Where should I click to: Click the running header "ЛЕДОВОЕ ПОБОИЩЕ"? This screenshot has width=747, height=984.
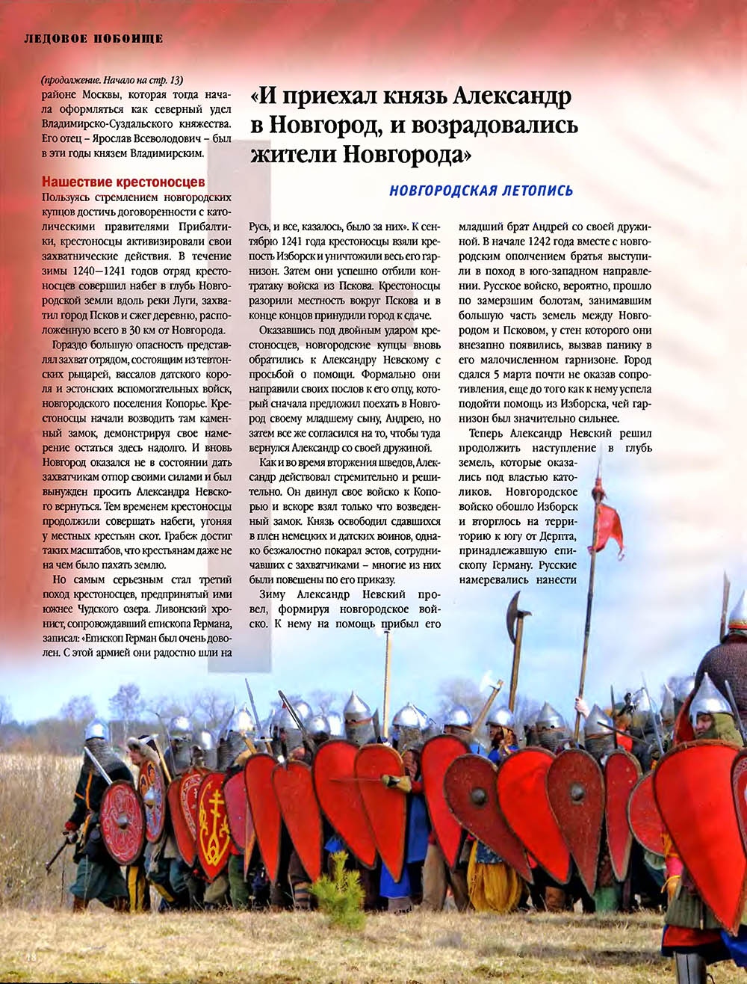pos(93,38)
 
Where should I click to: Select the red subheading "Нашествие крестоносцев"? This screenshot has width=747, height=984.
pos(123,182)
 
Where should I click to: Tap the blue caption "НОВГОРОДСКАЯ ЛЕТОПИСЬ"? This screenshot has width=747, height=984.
pos(481,191)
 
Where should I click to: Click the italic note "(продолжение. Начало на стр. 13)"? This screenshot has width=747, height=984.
pos(112,80)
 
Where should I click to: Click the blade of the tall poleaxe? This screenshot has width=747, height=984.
pos(516,617)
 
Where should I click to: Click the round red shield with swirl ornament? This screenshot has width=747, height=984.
pos(121,822)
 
